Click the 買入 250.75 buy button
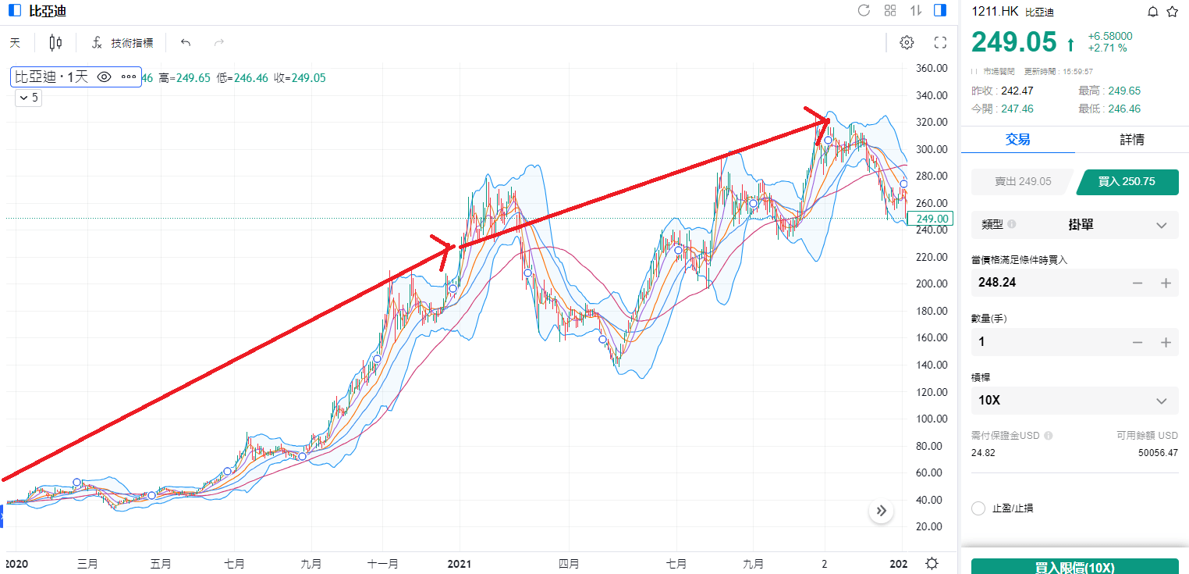click(x=1127, y=181)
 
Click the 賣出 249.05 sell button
click(x=1022, y=181)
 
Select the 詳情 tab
click(x=1132, y=140)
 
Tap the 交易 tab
click(x=1017, y=140)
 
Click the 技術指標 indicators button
click(x=122, y=43)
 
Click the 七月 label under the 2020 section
click(x=234, y=563)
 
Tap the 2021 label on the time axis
click(x=460, y=563)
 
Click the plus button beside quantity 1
click(x=1166, y=342)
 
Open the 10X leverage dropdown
click(x=1074, y=401)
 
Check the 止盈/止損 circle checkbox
click(x=978, y=508)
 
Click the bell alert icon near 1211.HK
click(x=1153, y=12)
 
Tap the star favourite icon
click(x=1172, y=12)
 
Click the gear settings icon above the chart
click(x=907, y=43)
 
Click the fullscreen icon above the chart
click(x=940, y=43)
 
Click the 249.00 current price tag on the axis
click(x=933, y=219)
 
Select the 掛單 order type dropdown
click(x=1074, y=225)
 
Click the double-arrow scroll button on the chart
click(x=882, y=512)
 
